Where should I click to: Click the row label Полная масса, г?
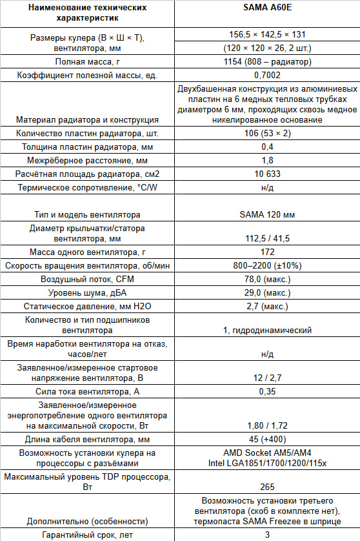pos(88,61)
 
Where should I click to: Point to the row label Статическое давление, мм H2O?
pos(88,305)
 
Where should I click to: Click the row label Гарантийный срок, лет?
pos(88,535)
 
